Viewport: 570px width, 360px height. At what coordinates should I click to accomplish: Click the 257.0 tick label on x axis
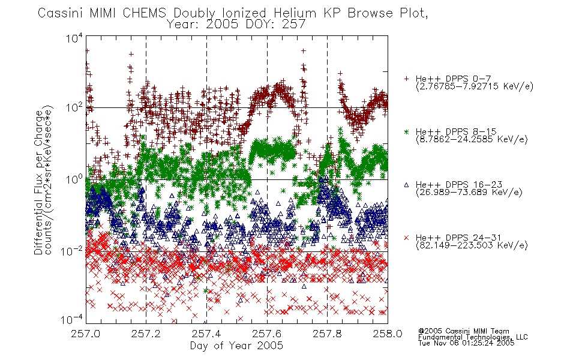[85, 334]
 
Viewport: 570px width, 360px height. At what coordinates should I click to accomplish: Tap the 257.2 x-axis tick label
[146, 334]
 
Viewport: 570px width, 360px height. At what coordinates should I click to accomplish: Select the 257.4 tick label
[206, 334]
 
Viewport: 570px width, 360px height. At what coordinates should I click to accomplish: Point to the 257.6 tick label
[267, 334]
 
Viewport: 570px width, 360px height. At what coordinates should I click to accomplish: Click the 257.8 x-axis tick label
[327, 334]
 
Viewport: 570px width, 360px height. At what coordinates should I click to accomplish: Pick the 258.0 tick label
[388, 334]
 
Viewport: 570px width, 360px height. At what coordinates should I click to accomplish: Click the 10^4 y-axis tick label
[74, 38]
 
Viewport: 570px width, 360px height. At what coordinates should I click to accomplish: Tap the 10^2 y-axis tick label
[74, 107]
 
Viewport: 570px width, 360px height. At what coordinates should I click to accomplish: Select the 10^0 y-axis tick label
[74, 179]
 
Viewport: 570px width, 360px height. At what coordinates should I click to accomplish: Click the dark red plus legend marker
[406, 79]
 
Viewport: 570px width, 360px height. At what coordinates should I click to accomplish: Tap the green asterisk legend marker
[406, 131]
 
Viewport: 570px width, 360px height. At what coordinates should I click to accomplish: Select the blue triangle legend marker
[406, 185]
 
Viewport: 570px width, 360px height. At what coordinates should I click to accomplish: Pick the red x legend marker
[406, 238]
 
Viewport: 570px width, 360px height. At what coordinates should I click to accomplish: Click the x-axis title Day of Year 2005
[236, 345]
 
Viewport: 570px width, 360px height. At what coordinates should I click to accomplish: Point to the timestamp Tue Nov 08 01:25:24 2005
[466, 343]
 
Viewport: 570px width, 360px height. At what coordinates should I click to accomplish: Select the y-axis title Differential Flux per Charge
[38, 182]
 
